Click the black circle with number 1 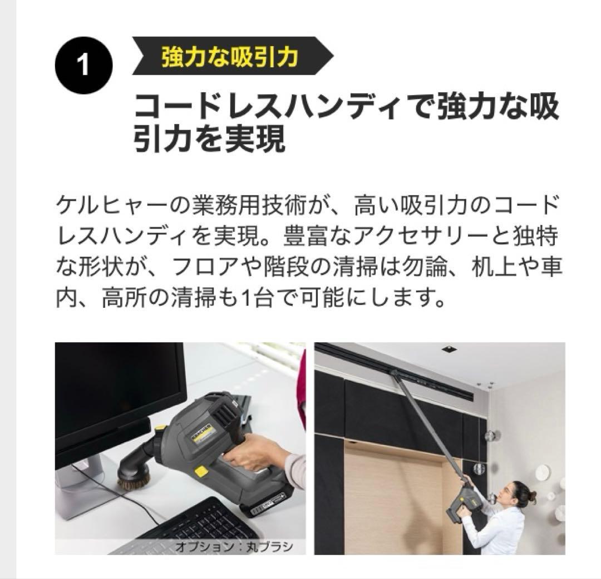coord(83,65)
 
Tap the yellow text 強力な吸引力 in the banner coord(230,57)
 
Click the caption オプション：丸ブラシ coord(234,546)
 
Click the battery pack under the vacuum coord(267,501)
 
